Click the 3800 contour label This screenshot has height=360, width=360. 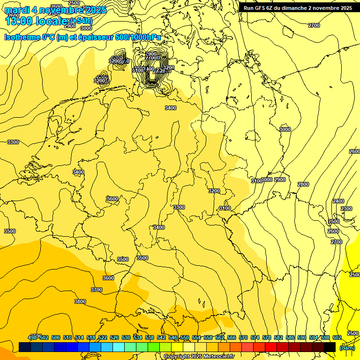click(80, 301)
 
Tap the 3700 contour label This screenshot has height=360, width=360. click(97, 290)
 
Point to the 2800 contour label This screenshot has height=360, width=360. click(303, 184)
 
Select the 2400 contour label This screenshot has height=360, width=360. click(338, 201)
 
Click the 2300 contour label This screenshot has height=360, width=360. click(346, 209)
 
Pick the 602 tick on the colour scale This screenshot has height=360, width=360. click(337, 337)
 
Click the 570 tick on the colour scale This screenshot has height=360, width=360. click(243, 337)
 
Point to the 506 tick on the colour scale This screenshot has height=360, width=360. click(56, 337)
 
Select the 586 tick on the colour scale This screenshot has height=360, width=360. click(290, 337)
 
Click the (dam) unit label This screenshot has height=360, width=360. click(347, 347)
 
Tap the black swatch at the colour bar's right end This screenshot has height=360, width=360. click(330, 347)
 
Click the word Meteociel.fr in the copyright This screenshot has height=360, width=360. click(217, 356)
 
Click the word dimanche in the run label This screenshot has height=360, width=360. click(295, 8)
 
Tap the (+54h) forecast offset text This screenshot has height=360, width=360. click(81, 21)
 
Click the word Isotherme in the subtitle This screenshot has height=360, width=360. click(22, 37)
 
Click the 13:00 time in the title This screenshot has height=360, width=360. click(18, 21)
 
